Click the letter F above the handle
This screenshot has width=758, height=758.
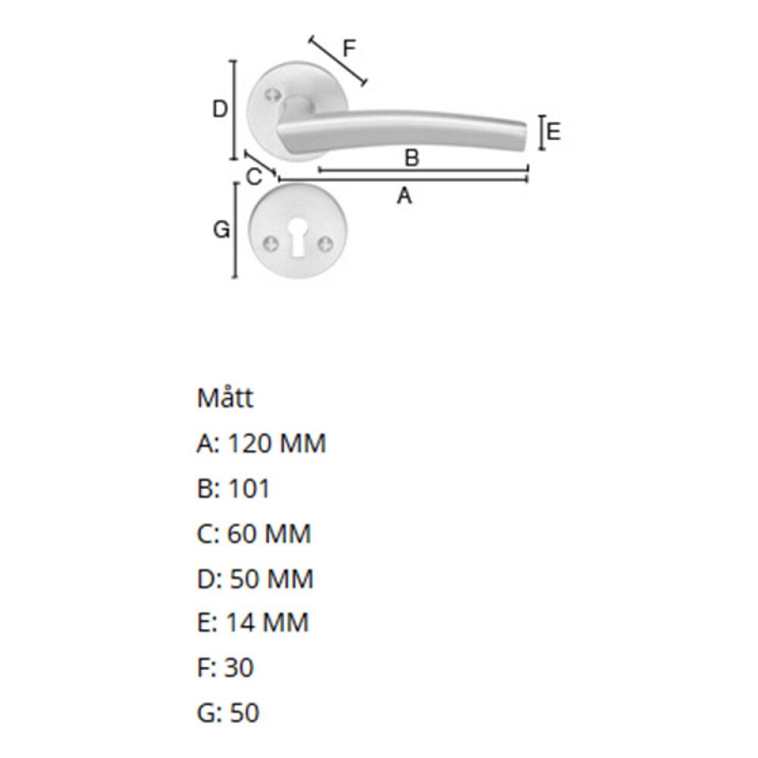[x=349, y=49]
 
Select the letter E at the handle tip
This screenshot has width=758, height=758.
[x=553, y=131]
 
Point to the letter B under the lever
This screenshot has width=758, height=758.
[x=412, y=158]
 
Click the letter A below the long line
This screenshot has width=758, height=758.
[x=404, y=196]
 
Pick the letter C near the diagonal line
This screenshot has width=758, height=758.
[x=254, y=177]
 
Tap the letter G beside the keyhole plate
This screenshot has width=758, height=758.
[x=221, y=230]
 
